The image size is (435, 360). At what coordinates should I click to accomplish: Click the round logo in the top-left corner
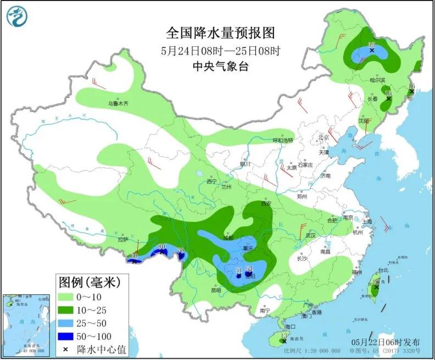[x=18, y=16]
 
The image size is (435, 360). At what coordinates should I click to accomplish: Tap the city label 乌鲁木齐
[x=117, y=103]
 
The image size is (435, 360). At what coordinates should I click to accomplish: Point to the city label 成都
[x=228, y=238]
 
